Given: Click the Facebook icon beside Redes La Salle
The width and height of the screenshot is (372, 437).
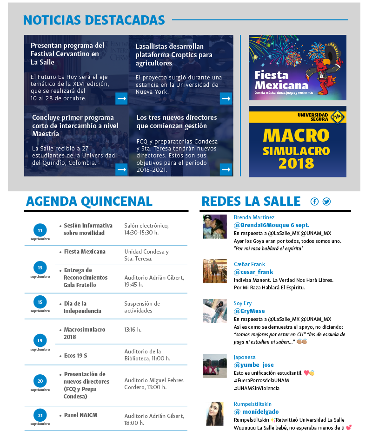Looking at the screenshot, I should pos(315,202).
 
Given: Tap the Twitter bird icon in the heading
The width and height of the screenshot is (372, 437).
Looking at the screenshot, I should pos(326,202).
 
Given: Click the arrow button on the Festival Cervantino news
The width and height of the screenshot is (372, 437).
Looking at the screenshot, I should pos(121,98).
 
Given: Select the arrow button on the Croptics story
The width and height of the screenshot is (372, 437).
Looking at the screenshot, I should pos(226,98).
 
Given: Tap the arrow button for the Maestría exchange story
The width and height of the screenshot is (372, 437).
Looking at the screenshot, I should pos(121,170).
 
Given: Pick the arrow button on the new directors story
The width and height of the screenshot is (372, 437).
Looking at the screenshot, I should pos(226,170).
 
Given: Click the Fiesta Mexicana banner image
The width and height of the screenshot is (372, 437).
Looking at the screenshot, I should pos(297,67).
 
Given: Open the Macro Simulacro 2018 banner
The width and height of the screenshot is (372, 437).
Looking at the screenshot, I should pos(297,141).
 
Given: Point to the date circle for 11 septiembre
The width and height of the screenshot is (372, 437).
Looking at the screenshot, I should pos(40,230).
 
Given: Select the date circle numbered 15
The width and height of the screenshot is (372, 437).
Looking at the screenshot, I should pos(40,302).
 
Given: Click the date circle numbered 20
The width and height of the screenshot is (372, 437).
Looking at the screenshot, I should pos(40,381).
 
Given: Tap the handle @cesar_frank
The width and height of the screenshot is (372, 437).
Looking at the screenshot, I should pos(253,272).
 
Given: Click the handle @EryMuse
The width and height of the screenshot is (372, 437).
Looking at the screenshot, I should pos(250,311).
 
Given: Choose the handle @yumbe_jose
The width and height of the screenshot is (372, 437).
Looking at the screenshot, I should pos(254,365).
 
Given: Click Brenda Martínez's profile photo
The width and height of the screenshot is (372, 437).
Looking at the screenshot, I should pos(215,227).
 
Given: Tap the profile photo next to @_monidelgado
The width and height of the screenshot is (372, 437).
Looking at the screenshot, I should pos(215,414).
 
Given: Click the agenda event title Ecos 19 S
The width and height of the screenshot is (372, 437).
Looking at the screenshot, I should pos(75,356).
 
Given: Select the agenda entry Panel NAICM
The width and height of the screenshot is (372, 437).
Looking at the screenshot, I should pos(80,415).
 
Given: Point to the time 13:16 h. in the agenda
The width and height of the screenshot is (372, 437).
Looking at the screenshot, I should pos(133,330).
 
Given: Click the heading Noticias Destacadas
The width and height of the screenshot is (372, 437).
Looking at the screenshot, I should pos(94,20).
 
